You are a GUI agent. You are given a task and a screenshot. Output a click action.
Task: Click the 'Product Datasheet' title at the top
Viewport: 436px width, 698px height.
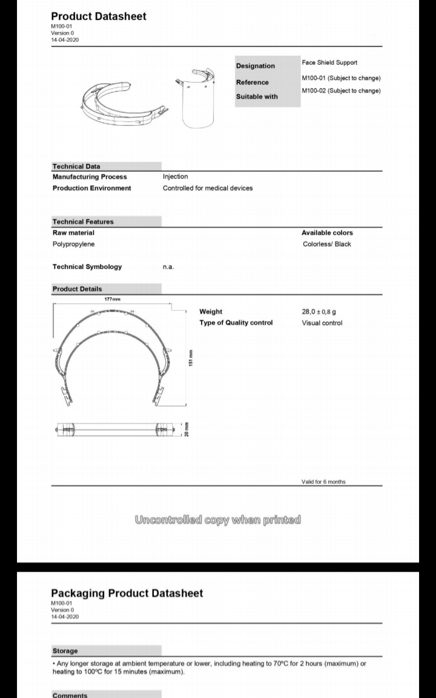pyautogui.click(x=99, y=16)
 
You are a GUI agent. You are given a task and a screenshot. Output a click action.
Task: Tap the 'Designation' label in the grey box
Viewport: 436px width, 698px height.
pyautogui.click(x=255, y=66)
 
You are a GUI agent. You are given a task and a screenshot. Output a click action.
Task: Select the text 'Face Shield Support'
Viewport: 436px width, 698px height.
pyautogui.click(x=329, y=62)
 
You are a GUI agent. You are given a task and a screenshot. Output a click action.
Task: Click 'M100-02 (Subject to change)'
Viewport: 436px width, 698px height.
pyautogui.click(x=341, y=91)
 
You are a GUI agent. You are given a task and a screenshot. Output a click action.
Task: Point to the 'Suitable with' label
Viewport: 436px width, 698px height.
pyautogui.click(x=257, y=97)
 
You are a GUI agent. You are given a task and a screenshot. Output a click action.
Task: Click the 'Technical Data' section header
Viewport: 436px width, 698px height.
pyautogui.click(x=76, y=166)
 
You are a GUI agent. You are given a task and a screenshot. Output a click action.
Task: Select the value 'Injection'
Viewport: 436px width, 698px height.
pyautogui.click(x=175, y=177)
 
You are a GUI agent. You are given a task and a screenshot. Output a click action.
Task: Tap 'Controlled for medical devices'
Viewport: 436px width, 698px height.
pyautogui.click(x=208, y=188)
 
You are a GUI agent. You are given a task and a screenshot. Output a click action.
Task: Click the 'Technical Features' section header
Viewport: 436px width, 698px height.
pyautogui.click(x=83, y=222)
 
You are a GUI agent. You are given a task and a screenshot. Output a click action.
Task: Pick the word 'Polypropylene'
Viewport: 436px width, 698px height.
pyautogui.click(x=73, y=244)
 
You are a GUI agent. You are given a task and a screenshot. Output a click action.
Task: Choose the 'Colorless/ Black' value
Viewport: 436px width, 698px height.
pyautogui.click(x=326, y=244)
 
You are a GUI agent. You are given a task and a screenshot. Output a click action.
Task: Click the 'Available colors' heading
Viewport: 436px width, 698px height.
pyautogui.click(x=327, y=233)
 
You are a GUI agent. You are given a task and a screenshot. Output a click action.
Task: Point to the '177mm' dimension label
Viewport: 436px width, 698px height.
pyautogui.click(x=113, y=299)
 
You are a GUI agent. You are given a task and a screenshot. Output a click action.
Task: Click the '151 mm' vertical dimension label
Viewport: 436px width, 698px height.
pyautogui.click(x=190, y=358)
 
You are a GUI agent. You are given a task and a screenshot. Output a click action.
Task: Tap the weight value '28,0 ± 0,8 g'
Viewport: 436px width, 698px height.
pyautogui.click(x=319, y=312)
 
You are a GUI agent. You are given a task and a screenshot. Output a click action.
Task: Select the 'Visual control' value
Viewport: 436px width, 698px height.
pyautogui.click(x=322, y=323)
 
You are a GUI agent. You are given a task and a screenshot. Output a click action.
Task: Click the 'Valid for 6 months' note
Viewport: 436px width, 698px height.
pyautogui.click(x=323, y=481)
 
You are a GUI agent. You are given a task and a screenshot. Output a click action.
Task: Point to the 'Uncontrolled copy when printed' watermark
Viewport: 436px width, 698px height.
pyautogui.click(x=217, y=520)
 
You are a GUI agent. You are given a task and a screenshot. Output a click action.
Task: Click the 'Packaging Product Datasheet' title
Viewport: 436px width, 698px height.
pyautogui.click(x=127, y=593)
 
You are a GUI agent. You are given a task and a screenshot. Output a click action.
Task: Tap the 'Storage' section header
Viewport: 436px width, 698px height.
pyautogui.click(x=65, y=651)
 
